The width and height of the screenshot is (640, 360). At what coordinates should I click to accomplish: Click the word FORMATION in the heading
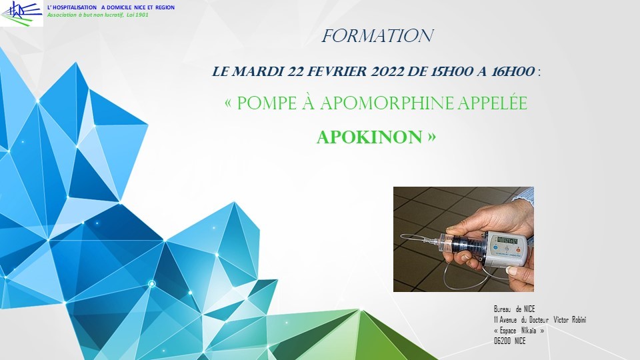[377, 36]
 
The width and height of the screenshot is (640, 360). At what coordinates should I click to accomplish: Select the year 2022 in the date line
[386, 71]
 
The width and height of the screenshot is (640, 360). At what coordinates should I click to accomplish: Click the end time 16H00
[513, 71]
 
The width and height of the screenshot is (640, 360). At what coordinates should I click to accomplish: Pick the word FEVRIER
[337, 71]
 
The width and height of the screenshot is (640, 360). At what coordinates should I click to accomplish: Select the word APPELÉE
[492, 103]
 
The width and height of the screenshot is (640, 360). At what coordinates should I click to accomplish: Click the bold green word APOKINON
[369, 137]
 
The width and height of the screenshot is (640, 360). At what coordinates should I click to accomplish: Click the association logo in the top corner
[21, 13]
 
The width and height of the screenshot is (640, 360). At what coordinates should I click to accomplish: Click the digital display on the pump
[506, 241]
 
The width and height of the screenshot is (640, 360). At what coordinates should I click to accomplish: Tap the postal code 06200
[503, 341]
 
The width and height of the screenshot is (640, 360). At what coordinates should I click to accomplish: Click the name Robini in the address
[579, 319]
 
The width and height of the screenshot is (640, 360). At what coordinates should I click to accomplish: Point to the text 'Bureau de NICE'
[514, 309]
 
